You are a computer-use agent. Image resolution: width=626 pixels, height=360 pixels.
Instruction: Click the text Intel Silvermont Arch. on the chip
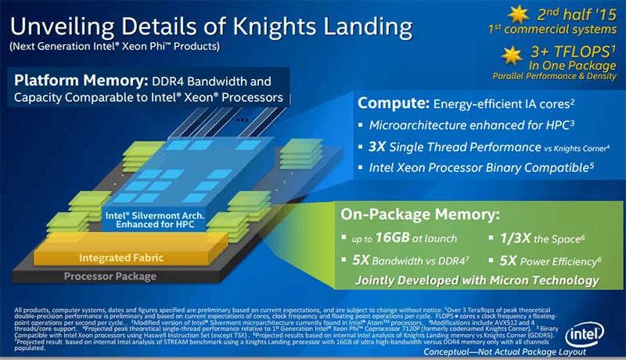(x=146, y=213)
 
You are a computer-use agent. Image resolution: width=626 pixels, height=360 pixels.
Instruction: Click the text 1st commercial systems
(x=552, y=30)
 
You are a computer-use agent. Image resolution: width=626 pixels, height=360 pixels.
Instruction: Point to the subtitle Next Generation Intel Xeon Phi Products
(x=114, y=46)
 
